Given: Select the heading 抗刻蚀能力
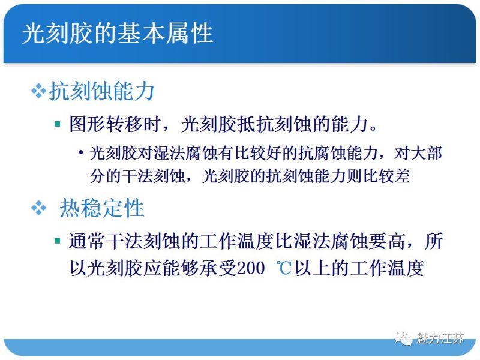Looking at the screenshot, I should point(101,91).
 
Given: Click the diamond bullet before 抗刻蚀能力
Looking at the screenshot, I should point(38,91).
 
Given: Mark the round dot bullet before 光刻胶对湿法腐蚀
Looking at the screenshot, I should point(80,154).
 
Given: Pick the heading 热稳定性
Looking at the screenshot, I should point(101,208).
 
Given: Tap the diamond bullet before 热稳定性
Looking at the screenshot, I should point(38,208).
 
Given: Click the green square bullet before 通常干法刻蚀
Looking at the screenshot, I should point(57,241).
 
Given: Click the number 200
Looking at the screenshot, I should point(251,268).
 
